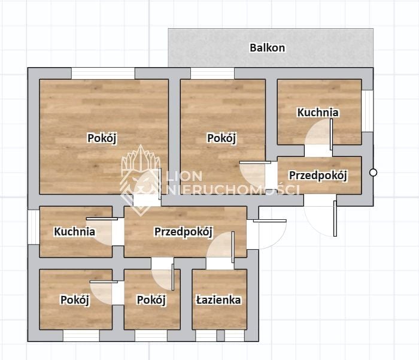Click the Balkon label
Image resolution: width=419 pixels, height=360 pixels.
(x=267, y=47)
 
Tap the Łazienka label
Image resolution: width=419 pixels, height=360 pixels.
(x=218, y=300)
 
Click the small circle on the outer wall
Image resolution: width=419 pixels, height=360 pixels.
(x=374, y=173)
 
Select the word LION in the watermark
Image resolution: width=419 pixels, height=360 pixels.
(x=184, y=176)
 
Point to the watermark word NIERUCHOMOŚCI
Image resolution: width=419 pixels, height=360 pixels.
(x=232, y=189)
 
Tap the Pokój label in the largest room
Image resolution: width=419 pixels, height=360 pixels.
(x=102, y=138)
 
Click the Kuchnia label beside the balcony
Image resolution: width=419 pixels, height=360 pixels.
(x=318, y=113)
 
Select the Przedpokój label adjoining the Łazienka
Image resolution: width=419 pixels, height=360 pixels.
(x=184, y=232)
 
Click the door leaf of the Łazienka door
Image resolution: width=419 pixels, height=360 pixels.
(x=233, y=247)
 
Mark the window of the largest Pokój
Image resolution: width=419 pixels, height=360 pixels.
(x=103, y=73)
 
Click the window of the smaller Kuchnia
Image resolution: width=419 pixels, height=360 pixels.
(x=34, y=227)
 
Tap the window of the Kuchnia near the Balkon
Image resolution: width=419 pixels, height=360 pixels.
(x=368, y=111)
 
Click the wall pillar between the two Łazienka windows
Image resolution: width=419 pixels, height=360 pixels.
(x=220, y=335)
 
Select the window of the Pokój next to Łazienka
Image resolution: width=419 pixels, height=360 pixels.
(x=151, y=335)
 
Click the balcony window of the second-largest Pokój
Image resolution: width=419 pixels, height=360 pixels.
(x=212, y=73)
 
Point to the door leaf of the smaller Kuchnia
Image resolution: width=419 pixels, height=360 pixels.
(x=102, y=219)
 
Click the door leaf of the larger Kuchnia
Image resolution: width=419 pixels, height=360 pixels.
(x=332, y=134)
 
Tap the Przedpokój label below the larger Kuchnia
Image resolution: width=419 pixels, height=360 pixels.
(x=318, y=175)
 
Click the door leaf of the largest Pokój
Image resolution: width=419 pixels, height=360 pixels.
(x=160, y=184)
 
